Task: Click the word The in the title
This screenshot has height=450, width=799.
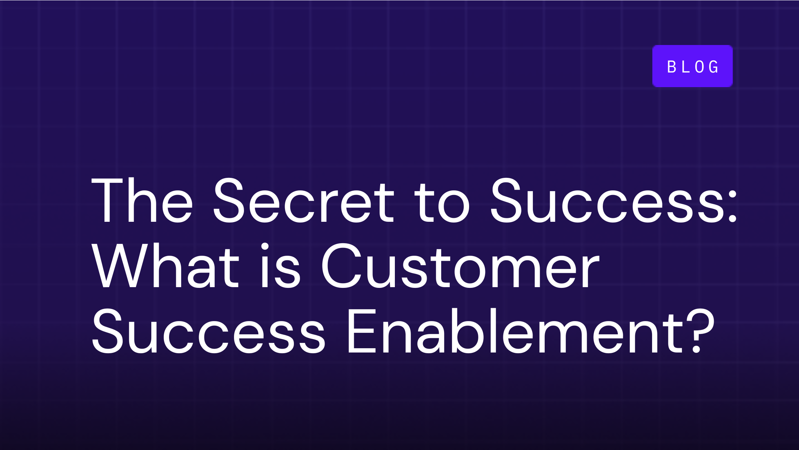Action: click(142, 201)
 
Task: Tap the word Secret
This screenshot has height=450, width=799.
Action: click(304, 201)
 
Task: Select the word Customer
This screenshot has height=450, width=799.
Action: click(460, 266)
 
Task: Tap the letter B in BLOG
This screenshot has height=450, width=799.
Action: click(672, 67)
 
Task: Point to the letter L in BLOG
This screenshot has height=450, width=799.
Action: click(686, 67)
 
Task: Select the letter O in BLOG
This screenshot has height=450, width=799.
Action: click(699, 67)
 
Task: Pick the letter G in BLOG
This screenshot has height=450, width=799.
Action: click(714, 67)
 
